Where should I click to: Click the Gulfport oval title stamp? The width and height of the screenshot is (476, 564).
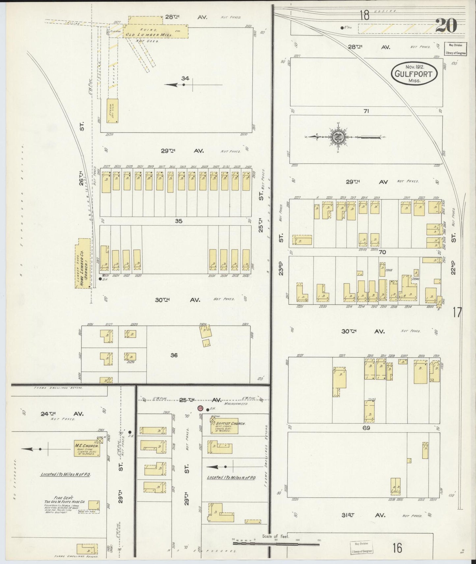(414, 73)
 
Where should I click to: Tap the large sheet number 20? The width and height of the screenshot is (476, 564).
(446, 25)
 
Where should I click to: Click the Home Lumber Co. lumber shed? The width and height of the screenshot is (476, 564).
(83, 263)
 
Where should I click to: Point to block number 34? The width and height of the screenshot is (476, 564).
(185, 78)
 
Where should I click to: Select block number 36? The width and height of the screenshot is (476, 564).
(174, 355)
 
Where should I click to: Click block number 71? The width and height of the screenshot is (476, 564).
(366, 111)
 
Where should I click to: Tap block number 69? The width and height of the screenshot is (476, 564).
(366, 428)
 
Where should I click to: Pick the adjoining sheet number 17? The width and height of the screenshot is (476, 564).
(457, 312)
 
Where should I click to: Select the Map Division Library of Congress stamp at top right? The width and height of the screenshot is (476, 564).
(456, 49)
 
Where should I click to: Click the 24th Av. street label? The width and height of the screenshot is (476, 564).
(48, 414)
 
